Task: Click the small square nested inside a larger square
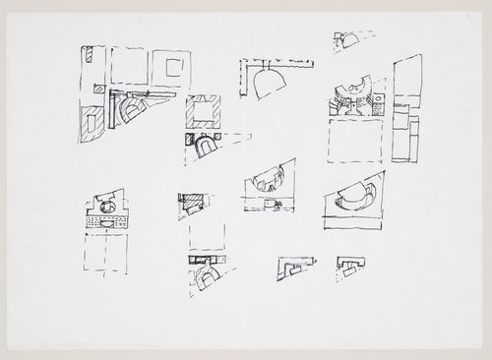[175, 68]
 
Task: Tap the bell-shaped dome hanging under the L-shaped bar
[266, 86]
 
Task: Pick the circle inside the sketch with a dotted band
[106, 203]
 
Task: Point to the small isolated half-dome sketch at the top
[349, 41]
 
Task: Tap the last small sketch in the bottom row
[349, 264]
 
